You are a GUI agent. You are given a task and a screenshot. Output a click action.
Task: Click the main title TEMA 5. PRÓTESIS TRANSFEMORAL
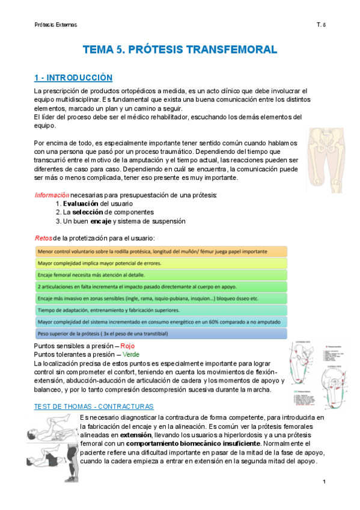pyautogui.click(x=179, y=49)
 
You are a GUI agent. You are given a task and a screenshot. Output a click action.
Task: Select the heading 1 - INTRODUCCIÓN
pyautogui.click(x=73, y=78)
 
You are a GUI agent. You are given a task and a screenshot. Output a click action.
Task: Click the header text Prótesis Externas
pyautogui.click(x=55, y=25)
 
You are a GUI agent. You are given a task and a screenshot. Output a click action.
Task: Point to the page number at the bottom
pyautogui.click(x=323, y=482)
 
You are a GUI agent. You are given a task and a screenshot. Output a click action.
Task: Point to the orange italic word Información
pyautogui.click(x=52, y=195)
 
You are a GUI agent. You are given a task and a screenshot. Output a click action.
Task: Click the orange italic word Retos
pyautogui.click(x=43, y=238)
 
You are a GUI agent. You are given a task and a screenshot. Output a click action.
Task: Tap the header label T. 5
pyautogui.click(x=321, y=25)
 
